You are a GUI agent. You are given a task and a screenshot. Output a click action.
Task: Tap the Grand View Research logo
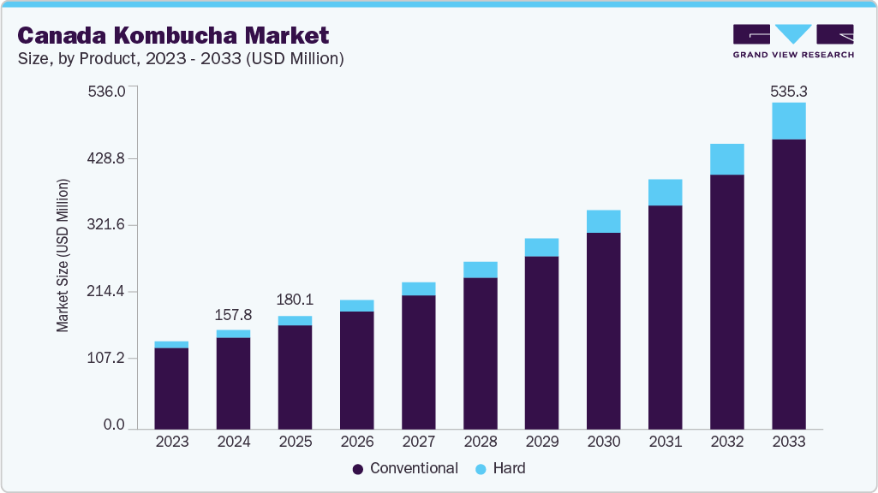coord(793,41)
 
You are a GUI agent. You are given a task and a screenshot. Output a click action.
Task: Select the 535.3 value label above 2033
coord(788,91)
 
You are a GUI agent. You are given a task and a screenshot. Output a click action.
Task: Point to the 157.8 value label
coord(233,316)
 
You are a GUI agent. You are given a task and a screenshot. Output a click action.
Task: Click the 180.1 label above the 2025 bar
coord(295,301)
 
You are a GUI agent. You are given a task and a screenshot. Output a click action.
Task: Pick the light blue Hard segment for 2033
coord(788,121)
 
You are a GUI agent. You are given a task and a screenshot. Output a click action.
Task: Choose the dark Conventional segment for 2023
coord(171,387)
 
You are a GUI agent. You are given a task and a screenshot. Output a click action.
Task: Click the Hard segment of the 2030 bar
coord(603,221)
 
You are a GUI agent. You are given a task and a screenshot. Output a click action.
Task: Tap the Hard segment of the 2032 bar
coord(726,159)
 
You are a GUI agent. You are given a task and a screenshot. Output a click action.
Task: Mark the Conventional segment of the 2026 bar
coord(356,369)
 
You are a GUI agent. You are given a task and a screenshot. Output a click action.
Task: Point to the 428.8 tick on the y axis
coord(107,158)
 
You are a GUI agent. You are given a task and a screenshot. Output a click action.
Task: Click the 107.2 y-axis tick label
coord(107,358)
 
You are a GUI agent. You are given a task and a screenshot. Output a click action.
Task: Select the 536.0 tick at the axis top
coord(107,91)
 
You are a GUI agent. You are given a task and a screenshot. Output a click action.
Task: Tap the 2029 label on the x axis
coord(541,442)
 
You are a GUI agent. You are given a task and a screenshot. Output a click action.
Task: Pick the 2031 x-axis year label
coord(665,442)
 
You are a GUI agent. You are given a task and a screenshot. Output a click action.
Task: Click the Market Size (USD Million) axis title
coord(63,255)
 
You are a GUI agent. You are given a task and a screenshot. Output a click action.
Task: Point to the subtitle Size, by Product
coord(181,59)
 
